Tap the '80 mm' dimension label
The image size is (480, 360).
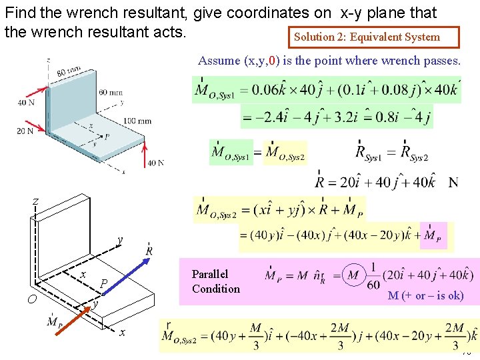pyautogui.click(x=69, y=71)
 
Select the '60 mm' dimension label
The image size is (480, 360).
pyautogui.click(x=111, y=92)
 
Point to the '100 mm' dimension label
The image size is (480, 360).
pyautogui.click(x=138, y=121)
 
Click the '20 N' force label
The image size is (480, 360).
pyautogui.click(x=25, y=131)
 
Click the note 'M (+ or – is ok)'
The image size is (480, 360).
pyautogui.click(x=425, y=295)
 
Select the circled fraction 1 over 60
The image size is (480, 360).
pyautogui.click(x=373, y=276)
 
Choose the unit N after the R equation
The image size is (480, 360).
pyautogui.click(x=453, y=182)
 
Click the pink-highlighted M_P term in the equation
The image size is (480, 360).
pyautogui.click(x=433, y=236)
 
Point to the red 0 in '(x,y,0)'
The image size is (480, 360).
pyautogui.click(x=272, y=61)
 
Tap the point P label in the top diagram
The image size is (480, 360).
pyautogui.click(x=107, y=136)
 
